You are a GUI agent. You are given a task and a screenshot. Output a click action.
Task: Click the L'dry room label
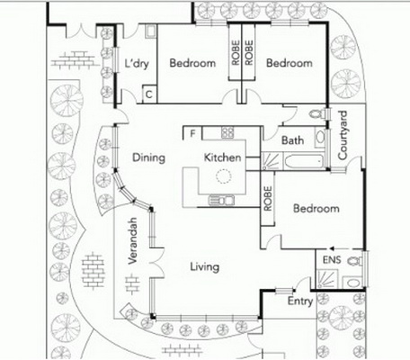[137, 64]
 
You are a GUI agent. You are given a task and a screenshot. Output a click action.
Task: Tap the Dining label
[148, 157]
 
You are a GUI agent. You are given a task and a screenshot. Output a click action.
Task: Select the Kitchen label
[222, 157]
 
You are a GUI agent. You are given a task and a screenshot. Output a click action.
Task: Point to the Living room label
[205, 267]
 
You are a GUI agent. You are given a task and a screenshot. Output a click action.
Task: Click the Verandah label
[132, 241]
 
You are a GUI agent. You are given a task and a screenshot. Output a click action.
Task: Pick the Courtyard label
[343, 136]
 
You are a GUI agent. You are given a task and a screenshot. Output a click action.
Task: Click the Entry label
[300, 301]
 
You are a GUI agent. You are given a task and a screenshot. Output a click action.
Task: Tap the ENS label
[332, 260]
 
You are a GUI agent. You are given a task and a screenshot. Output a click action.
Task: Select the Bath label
[292, 140]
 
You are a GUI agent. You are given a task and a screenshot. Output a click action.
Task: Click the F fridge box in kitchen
[192, 133]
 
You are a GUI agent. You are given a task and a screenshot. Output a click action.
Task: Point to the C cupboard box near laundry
[149, 94]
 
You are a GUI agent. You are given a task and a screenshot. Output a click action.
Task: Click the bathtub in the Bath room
[304, 162]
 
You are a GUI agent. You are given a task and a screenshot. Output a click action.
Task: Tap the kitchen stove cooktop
[227, 132]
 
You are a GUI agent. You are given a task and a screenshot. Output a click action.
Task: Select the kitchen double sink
[221, 200]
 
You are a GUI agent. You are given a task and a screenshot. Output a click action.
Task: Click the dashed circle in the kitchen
[224, 176]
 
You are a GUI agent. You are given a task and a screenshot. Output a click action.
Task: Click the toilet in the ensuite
[355, 261]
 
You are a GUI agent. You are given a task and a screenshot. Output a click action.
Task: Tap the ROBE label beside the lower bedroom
[268, 199]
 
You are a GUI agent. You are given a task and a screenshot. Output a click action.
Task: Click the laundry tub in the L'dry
[150, 31]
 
